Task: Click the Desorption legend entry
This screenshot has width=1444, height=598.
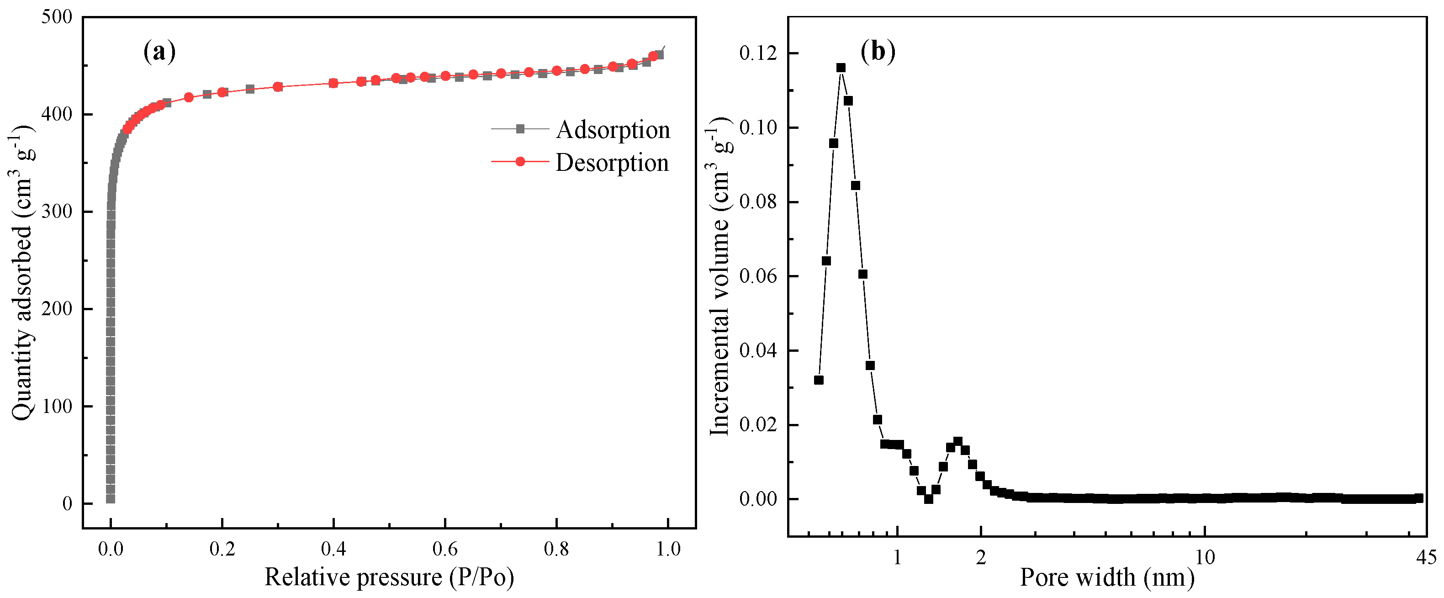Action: (612, 163)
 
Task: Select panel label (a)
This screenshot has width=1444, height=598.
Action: (160, 52)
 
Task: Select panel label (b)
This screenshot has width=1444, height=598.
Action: (878, 52)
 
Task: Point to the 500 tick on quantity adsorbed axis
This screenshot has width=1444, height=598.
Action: (57, 17)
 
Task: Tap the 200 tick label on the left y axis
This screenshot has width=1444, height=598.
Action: (57, 309)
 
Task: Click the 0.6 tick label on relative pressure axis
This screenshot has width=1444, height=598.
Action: (444, 549)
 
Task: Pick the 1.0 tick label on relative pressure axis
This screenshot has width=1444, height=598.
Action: (667, 549)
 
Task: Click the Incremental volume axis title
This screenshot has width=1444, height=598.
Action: (721, 276)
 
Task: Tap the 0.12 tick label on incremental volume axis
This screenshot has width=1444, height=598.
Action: (758, 53)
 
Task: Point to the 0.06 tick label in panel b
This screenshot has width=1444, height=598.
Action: (758, 276)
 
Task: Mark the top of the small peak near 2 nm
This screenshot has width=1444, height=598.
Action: (957, 442)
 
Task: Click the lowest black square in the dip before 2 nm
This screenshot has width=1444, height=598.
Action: (928, 499)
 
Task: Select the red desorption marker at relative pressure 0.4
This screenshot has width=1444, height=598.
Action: (333, 83)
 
